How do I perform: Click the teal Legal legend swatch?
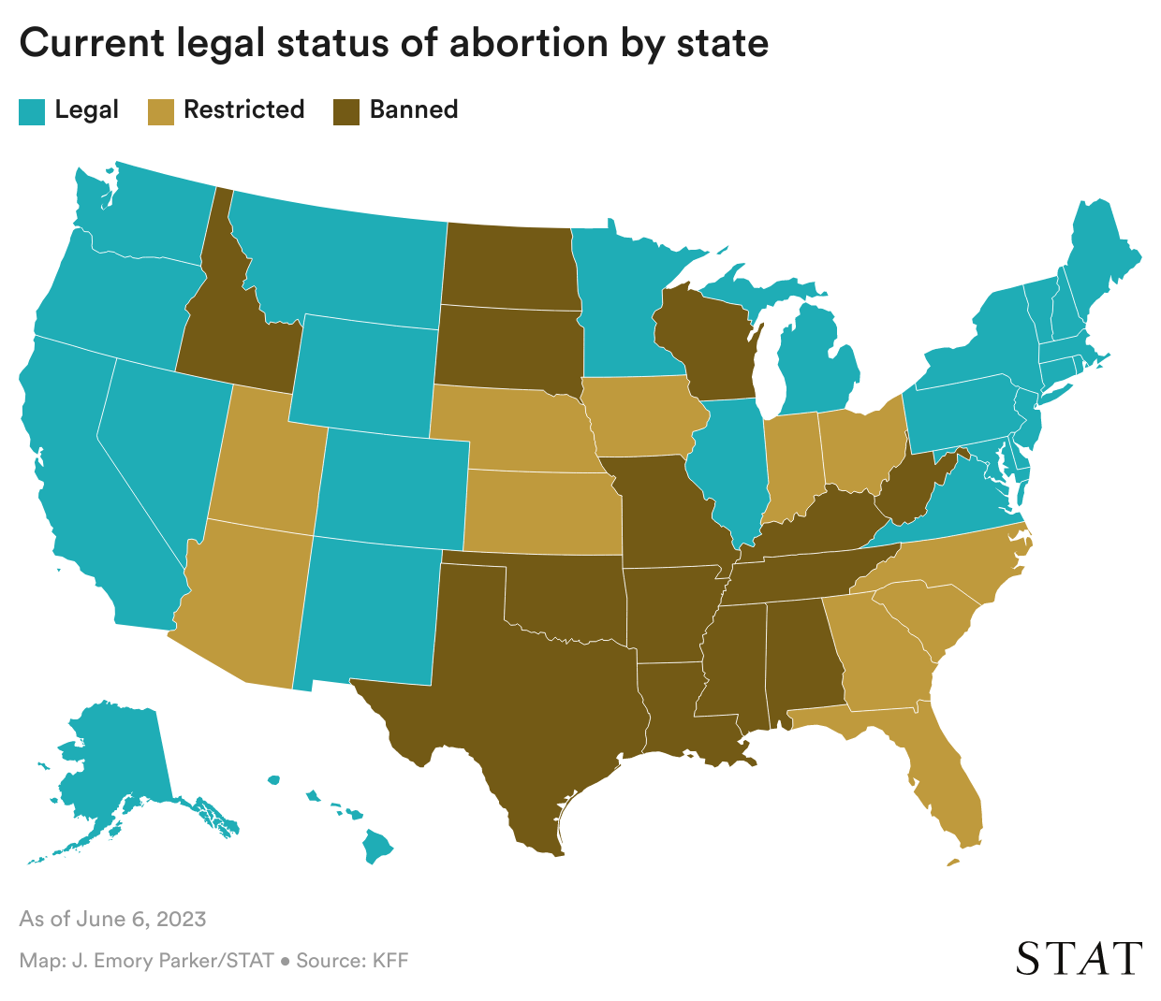point(32,111)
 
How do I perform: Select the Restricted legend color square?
point(160,111)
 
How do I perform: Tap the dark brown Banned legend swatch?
point(346,111)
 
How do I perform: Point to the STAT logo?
point(1079,959)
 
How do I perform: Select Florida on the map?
point(946,776)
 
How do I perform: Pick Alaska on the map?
point(112,758)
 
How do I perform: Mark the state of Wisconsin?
point(707,341)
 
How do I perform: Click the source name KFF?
point(389,961)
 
